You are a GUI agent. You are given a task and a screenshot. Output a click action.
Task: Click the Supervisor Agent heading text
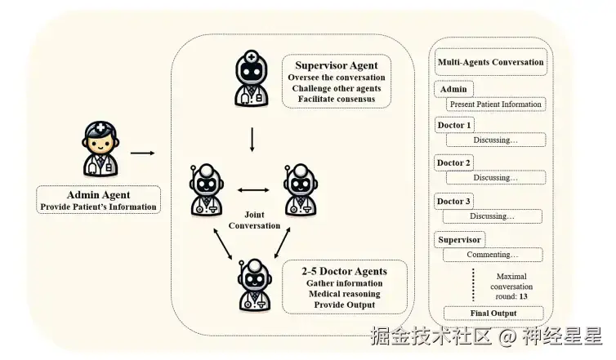(x=337, y=65)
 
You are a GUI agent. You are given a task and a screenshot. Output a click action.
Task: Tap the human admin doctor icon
(x=100, y=149)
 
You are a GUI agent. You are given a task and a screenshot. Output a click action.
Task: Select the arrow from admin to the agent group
(x=143, y=153)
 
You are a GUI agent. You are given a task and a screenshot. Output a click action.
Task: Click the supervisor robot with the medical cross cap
(x=252, y=78)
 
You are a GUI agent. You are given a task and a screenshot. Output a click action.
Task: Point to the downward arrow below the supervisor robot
(x=252, y=140)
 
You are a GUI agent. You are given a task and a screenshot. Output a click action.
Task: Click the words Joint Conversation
(x=254, y=220)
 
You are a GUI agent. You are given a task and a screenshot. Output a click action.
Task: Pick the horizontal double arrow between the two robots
(x=253, y=190)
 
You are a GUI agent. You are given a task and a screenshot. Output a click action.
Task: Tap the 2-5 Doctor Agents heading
(x=344, y=271)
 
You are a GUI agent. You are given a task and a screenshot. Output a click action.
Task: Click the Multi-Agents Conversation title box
(x=491, y=62)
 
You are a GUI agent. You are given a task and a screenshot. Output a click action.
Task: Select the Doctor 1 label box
(x=454, y=125)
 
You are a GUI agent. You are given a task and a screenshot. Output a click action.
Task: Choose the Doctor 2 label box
(x=453, y=163)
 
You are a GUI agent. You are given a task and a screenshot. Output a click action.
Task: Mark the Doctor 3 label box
(x=453, y=202)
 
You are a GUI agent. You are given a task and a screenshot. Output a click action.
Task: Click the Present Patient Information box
(x=496, y=104)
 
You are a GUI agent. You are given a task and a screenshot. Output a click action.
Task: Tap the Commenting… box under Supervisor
(x=493, y=255)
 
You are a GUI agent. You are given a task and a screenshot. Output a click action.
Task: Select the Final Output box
(x=493, y=313)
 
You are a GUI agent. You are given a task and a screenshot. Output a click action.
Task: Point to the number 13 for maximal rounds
(x=524, y=296)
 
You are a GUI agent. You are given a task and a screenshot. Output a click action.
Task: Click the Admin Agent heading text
(x=98, y=195)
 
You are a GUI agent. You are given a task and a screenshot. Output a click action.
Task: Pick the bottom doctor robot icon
(x=255, y=286)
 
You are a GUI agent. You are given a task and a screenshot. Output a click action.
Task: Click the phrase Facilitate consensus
(x=337, y=99)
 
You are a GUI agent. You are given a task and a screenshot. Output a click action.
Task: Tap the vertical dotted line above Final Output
(x=473, y=285)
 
